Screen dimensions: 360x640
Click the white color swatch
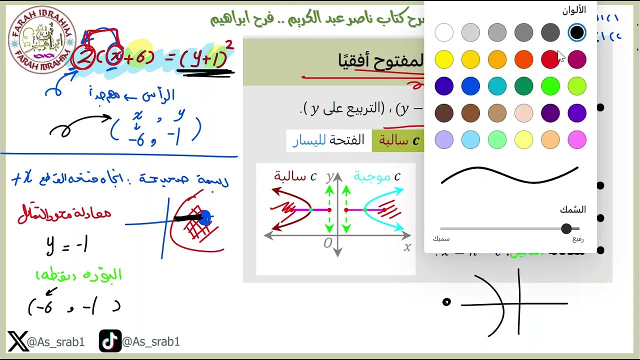[x=444, y=33]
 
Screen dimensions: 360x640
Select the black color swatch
[x=577, y=33]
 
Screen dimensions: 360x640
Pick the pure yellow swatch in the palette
[x=444, y=60]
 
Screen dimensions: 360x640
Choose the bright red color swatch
[x=550, y=60]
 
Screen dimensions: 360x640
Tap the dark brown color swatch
[x=444, y=113]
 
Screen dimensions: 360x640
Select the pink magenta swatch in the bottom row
[x=577, y=140]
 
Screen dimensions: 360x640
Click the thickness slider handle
[x=566, y=228]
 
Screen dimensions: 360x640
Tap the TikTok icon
[x=109, y=341]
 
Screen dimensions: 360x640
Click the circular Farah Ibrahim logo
[x=41, y=40]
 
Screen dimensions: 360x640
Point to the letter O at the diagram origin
[x=327, y=243]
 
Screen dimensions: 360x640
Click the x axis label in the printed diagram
[x=407, y=246]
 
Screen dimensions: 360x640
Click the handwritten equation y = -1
[x=67, y=245]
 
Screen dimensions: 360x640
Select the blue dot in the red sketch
[x=204, y=217]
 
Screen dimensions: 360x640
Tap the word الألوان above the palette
[x=573, y=10]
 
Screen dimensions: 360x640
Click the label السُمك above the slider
[x=572, y=209]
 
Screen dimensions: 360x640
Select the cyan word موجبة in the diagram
[x=372, y=176]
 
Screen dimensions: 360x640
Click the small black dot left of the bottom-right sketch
[x=446, y=301]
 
